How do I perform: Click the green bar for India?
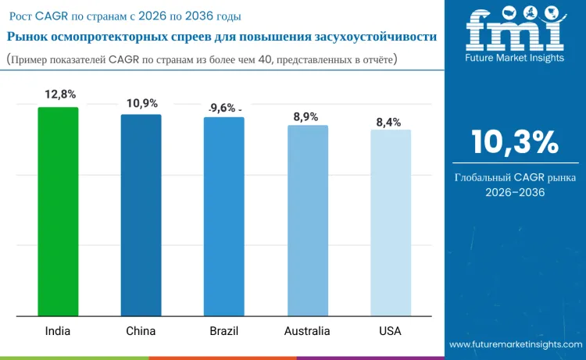click(x=58, y=212)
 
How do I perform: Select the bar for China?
click(x=141, y=216)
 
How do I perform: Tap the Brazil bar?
click(x=223, y=217)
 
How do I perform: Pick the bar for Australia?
click(x=307, y=221)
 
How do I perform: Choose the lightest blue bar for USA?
click(x=390, y=223)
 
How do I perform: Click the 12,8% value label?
click(x=60, y=94)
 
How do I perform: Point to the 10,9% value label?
click(x=142, y=102)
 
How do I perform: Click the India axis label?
click(x=57, y=331)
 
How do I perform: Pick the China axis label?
click(x=141, y=331)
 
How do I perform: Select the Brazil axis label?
click(x=223, y=331)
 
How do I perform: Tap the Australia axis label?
click(x=307, y=331)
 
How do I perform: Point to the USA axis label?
click(x=390, y=331)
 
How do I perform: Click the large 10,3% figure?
click(x=514, y=142)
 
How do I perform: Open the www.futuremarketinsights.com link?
click(x=516, y=344)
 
